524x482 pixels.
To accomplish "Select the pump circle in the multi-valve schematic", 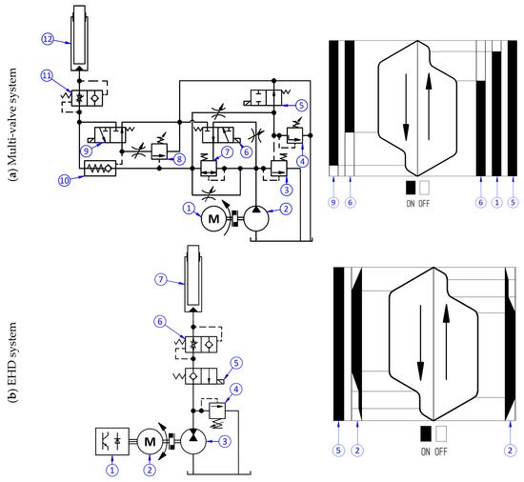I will (256, 218).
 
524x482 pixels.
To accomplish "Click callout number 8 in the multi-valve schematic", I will (179, 160).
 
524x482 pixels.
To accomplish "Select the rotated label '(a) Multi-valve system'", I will (12, 120).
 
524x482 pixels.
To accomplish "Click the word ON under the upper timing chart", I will (412, 204).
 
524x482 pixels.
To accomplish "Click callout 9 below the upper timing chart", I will (333, 203).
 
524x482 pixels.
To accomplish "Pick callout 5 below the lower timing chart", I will (337, 450).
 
